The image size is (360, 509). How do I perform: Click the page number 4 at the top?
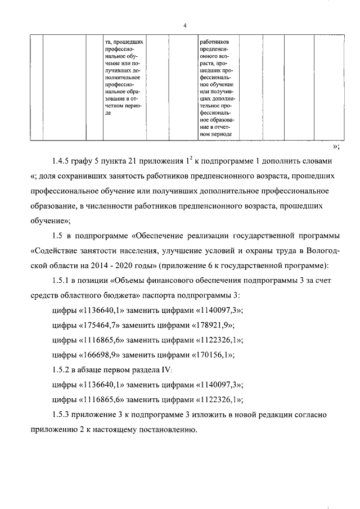point(184,25)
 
